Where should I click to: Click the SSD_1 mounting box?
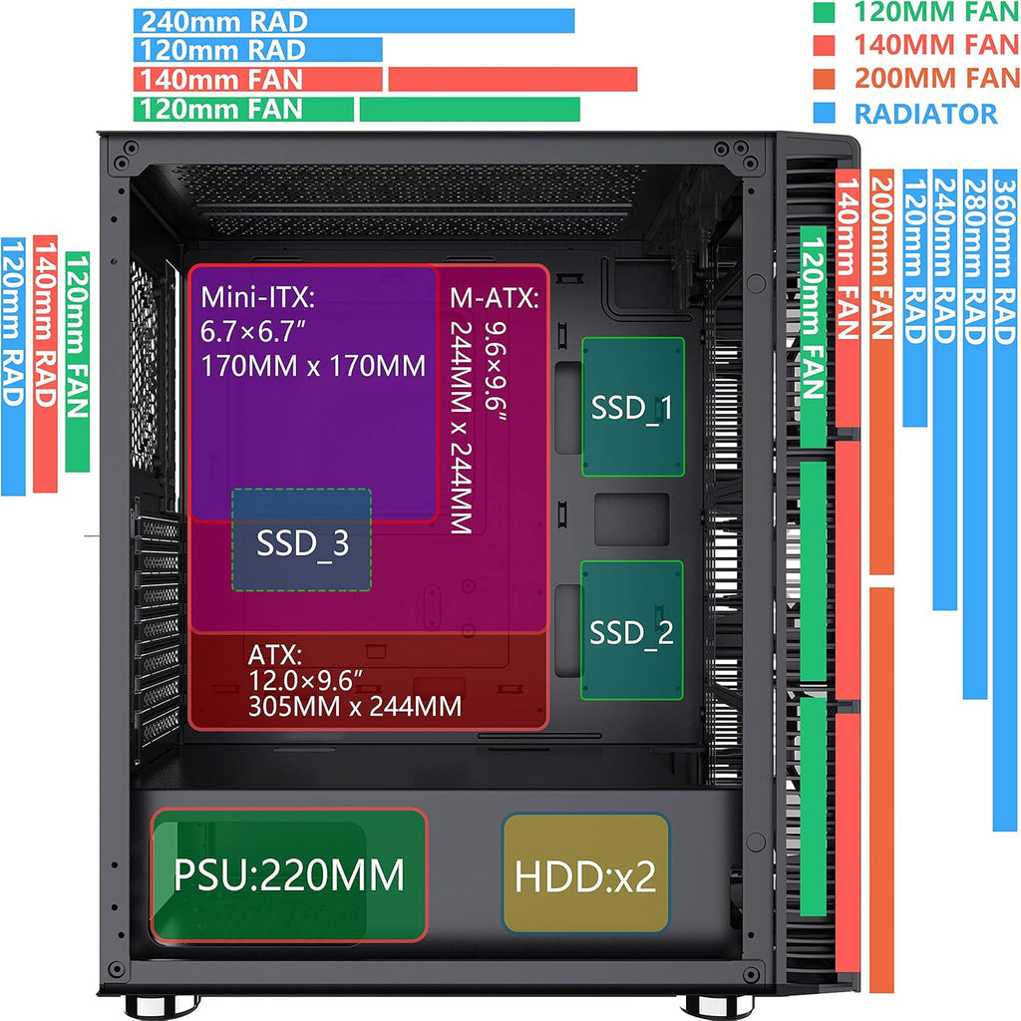click(x=633, y=407)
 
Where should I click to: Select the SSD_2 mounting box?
click(x=631, y=630)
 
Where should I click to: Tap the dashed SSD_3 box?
click(x=302, y=539)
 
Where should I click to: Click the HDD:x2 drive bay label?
click(x=585, y=875)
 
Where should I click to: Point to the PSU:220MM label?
click(x=289, y=874)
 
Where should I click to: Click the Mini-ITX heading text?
click(x=258, y=297)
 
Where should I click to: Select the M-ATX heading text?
click(x=495, y=297)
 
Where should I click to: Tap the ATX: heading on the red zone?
click(x=275, y=654)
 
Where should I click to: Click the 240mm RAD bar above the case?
click(x=354, y=21)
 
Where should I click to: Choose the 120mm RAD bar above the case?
click(x=258, y=50)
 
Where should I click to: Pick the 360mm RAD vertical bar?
click(x=1005, y=501)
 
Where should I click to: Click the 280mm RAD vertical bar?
click(x=975, y=434)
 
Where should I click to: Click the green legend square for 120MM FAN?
click(x=824, y=12)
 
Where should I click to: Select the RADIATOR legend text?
click(x=925, y=114)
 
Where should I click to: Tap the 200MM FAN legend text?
click(x=937, y=78)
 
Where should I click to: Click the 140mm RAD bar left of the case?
click(x=45, y=364)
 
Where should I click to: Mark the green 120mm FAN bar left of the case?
click(x=78, y=361)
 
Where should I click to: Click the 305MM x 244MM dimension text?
click(x=355, y=707)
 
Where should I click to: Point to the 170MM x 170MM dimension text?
click(x=313, y=366)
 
